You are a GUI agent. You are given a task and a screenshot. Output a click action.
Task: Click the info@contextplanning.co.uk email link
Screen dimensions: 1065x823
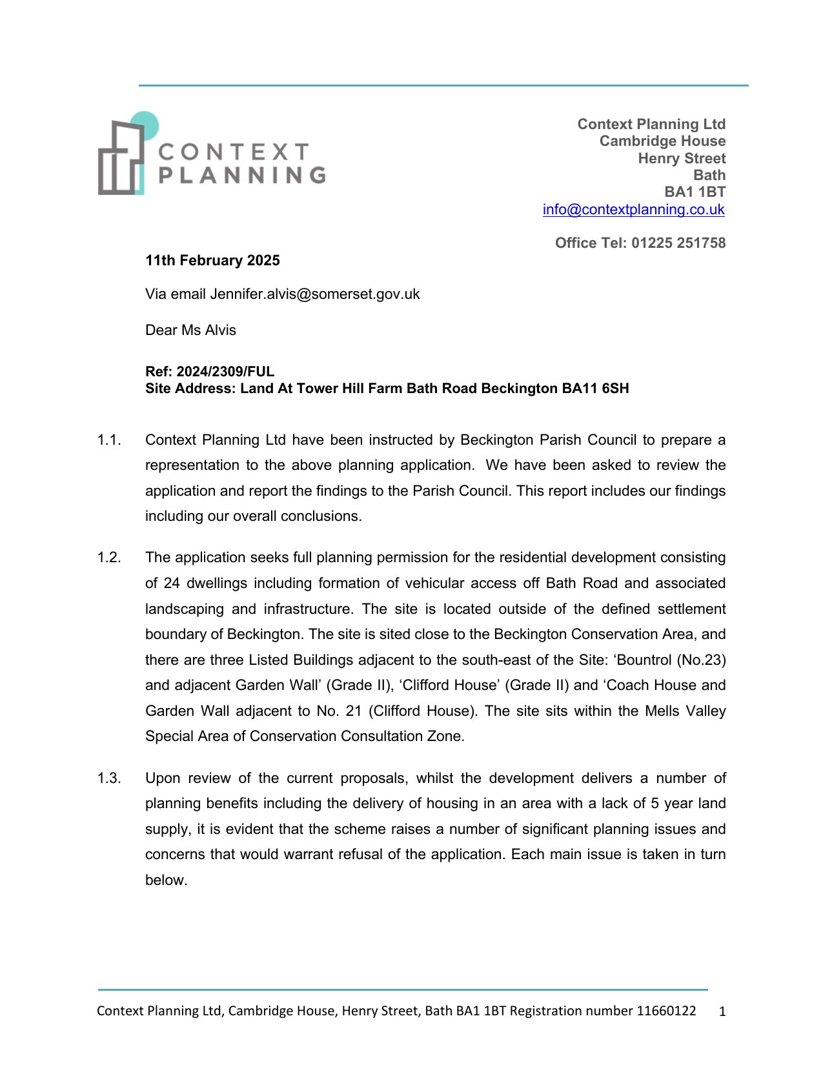click(633, 210)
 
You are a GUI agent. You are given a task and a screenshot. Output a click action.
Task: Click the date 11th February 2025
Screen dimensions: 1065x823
click(212, 261)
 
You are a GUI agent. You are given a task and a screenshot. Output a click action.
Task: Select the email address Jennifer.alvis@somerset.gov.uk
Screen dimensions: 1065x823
click(314, 294)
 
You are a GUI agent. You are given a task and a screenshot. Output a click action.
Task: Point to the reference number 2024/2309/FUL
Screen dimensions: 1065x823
click(225, 372)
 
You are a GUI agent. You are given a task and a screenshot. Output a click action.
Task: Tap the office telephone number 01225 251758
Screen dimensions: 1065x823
click(678, 243)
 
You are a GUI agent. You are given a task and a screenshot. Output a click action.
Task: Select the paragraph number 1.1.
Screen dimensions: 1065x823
click(109, 440)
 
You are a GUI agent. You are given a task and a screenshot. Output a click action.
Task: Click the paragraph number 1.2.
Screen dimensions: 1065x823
click(109, 558)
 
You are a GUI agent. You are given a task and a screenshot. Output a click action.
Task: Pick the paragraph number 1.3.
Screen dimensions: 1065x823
click(109, 778)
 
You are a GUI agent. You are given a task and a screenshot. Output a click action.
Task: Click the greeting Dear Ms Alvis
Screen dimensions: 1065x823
click(190, 330)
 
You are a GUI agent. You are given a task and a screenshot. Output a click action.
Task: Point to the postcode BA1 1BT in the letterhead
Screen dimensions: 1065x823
click(695, 192)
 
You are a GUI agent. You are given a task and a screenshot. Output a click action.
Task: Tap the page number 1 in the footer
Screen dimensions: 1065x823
click(722, 1012)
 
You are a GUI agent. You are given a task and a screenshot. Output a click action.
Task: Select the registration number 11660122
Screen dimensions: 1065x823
click(666, 1011)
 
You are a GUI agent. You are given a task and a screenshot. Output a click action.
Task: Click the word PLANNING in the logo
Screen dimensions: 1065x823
click(242, 175)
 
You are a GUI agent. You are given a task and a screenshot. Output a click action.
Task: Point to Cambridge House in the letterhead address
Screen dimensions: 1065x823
click(662, 141)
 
